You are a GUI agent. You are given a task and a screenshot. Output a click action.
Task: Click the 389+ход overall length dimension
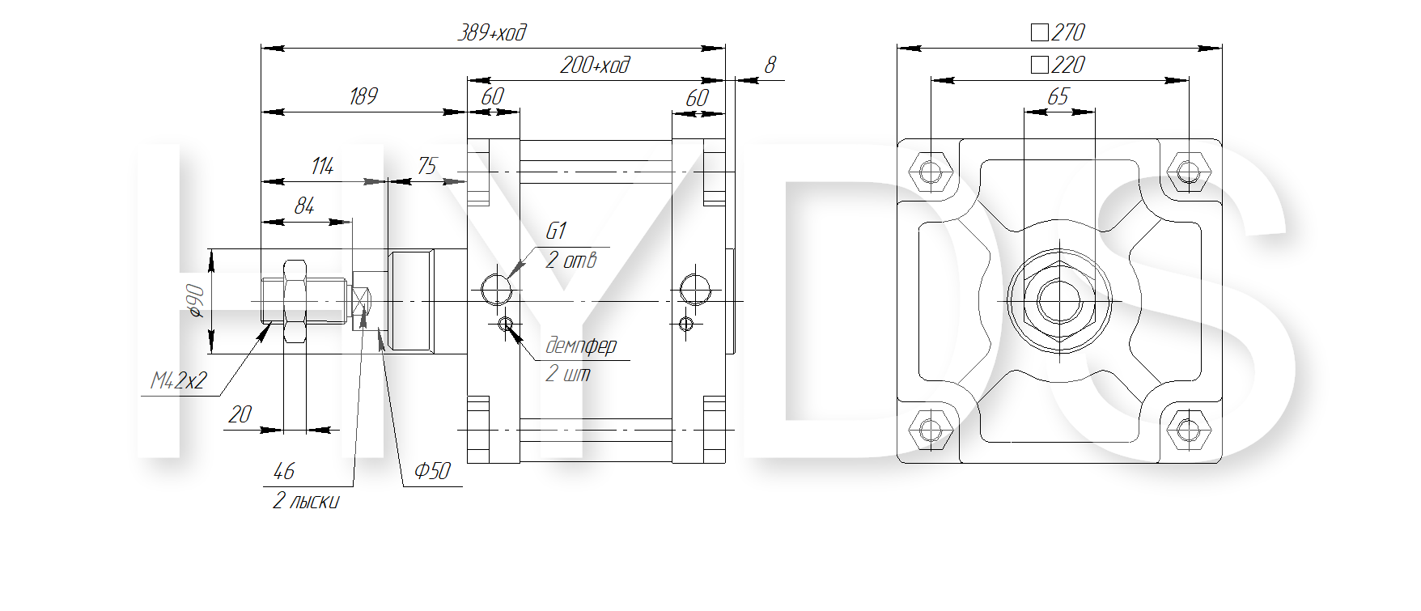pyautogui.click(x=492, y=32)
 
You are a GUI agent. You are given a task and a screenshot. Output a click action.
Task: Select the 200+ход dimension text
pyautogui.click(x=595, y=65)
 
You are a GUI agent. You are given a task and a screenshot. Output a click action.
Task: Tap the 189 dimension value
pyautogui.click(x=363, y=96)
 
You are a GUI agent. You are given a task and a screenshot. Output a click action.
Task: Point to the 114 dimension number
pyautogui.click(x=322, y=166)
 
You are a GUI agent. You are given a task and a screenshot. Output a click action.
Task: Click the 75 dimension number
pyautogui.click(x=426, y=166)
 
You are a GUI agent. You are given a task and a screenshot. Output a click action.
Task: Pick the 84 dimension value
pyautogui.click(x=303, y=206)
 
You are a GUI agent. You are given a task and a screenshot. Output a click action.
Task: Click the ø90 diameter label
pyautogui.click(x=196, y=300)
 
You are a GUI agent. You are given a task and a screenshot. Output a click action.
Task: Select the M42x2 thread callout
pyautogui.click(x=179, y=380)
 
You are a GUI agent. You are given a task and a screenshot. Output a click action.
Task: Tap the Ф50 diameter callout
pyautogui.click(x=432, y=471)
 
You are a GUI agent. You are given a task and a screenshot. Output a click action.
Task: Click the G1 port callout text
pyautogui.click(x=556, y=231)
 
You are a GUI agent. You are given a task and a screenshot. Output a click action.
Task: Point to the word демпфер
pyautogui.click(x=581, y=346)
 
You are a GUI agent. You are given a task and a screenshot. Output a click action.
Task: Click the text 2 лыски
pyautogui.click(x=306, y=501)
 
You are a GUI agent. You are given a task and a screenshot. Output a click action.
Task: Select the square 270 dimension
pyautogui.click(x=1058, y=32)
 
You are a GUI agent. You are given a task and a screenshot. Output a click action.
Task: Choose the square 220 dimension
pyautogui.click(x=1058, y=65)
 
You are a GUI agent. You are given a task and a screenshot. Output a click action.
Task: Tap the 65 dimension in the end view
pyautogui.click(x=1058, y=96)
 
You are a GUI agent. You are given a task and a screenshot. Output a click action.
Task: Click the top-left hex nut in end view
pyautogui.click(x=931, y=172)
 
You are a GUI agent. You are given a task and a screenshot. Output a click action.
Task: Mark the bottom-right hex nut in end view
pyautogui.click(x=1188, y=429)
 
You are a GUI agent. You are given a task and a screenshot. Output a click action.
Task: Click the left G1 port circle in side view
pyautogui.click(x=497, y=289)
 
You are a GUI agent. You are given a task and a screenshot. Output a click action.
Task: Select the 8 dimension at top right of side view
pyautogui.click(x=770, y=65)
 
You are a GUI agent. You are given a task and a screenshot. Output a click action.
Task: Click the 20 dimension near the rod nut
pyautogui.click(x=240, y=414)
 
